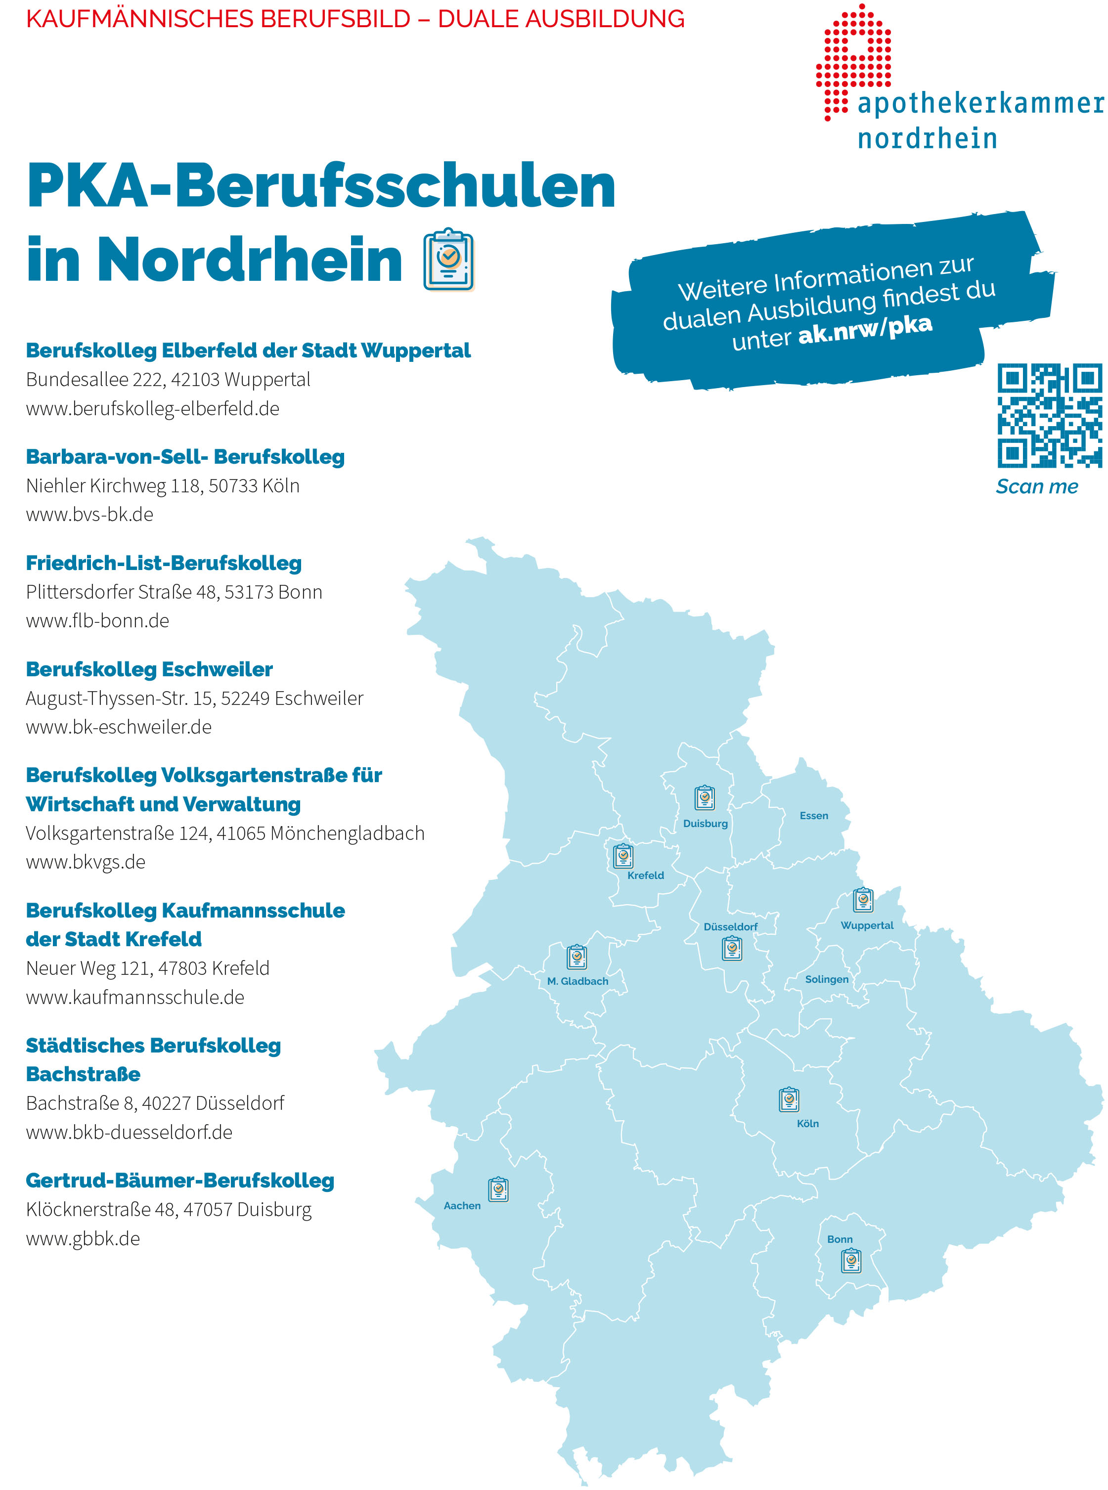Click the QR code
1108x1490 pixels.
[x=1049, y=415]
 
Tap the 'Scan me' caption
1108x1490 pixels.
[x=1036, y=487]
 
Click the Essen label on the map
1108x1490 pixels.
[x=813, y=815]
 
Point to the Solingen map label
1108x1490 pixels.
[x=826, y=979]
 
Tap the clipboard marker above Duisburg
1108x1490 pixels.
[x=704, y=798]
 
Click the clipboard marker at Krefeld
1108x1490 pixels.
[x=623, y=856]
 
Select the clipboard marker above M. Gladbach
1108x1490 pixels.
[x=577, y=957]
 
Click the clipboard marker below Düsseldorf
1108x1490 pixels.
[x=732, y=948]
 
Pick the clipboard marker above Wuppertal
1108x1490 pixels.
[x=863, y=900]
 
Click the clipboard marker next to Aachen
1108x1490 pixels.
[x=498, y=1189]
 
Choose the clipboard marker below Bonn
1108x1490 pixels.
[x=851, y=1261]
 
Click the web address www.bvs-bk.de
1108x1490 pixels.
[x=90, y=514]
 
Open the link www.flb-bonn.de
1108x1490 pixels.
[x=97, y=621]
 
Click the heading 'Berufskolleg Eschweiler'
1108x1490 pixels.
[x=149, y=669]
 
